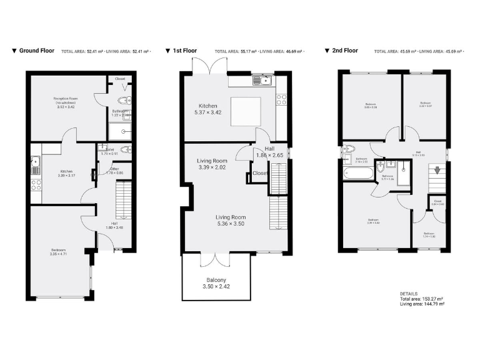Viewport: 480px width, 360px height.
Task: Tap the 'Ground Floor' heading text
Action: tap(37, 51)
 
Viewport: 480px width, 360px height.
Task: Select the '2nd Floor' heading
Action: tap(345, 51)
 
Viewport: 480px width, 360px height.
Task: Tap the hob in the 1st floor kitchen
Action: tap(281, 101)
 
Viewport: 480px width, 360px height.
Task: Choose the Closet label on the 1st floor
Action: tap(260, 173)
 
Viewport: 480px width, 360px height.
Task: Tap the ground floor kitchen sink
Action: tap(36, 164)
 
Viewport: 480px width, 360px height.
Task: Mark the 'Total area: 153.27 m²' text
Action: tap(422, 299)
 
